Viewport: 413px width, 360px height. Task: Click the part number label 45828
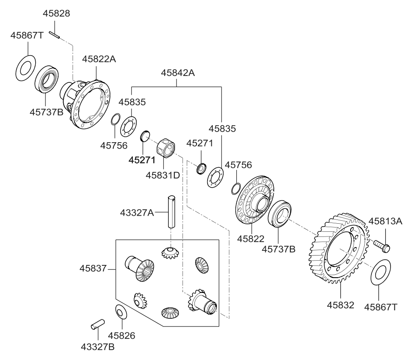click(56, 14)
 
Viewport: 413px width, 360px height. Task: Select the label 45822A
click(99, 59)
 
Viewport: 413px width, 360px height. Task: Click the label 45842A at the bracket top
click(177, 73)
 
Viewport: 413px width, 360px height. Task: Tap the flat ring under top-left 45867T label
click(25, 66)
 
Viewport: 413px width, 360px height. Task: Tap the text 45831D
click(162, 174)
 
